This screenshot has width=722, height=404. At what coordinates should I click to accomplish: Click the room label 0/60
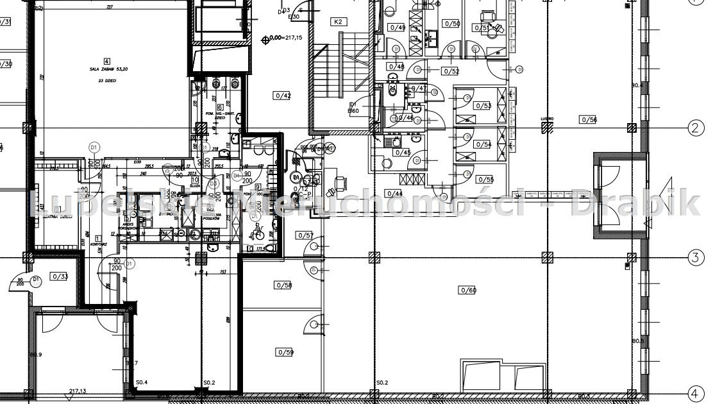467,290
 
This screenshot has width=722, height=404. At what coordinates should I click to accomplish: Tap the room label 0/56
587,119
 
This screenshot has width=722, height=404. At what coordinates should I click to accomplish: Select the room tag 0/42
283,96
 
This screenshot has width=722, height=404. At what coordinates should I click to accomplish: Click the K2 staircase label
339,22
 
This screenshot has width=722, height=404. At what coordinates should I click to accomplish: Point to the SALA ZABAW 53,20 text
106,71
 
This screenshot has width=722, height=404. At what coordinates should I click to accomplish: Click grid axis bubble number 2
696,128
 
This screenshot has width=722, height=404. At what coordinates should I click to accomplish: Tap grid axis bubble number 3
696,258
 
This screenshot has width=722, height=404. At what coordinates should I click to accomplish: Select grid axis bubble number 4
696,392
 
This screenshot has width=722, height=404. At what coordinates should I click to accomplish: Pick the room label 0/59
285,352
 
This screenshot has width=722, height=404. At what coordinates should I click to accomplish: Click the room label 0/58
283,285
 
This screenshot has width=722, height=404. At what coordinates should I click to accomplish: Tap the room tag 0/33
60,276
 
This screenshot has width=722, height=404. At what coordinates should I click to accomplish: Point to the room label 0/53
483,105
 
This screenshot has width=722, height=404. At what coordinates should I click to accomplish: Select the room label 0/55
485,180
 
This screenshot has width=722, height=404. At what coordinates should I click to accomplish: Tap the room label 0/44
394,193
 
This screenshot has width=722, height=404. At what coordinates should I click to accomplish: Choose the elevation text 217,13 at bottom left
78,391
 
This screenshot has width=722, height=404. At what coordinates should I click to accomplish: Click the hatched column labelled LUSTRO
547,128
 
